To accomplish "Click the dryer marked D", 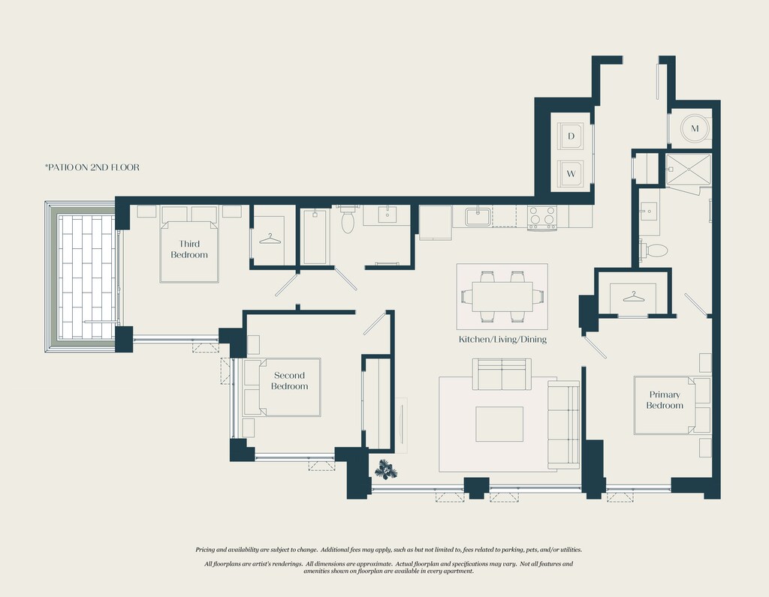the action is tap(571, 136).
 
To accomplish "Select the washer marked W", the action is tap(571, 173).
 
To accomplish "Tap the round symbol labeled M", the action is tap(695, 128).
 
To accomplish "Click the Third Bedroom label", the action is tap(189, 249).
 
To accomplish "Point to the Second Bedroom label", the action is tap(289, 380).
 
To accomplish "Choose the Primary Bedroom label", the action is tap(665, 400).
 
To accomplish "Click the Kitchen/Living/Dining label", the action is tap(502, 339).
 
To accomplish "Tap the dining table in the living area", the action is tap(502, 296).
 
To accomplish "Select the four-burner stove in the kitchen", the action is tap(542, 217).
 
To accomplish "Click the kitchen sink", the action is tap(478, 216).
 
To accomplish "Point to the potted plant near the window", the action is tap(386, 469).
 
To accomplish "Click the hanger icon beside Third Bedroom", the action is tap(270, 239).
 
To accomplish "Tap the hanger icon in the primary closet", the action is tap(634, 297).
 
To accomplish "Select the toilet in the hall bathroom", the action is tap(348, 220).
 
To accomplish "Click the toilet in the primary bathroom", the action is tap(654, 250).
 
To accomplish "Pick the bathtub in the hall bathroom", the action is tap(315, 236).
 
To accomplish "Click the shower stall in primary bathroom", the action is tap(688, 170).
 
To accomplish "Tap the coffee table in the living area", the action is tap(499, 424).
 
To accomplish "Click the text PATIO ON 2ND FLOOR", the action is tap(92, 167).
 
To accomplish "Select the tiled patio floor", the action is tap(86, 277).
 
